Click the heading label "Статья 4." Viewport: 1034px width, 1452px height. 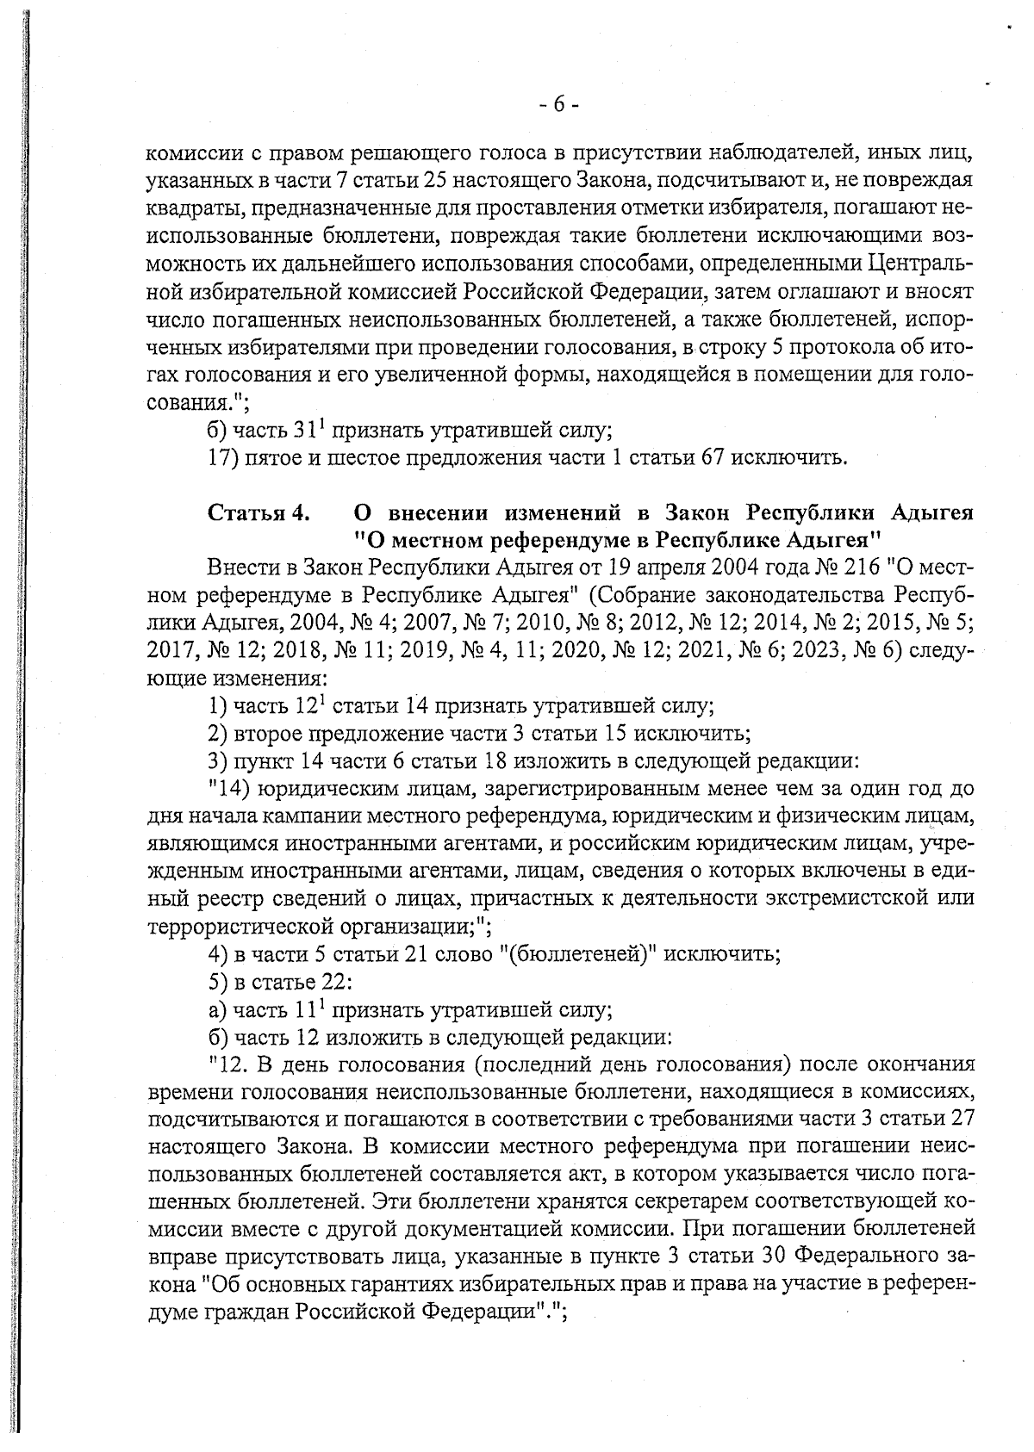click(x=258, y=514)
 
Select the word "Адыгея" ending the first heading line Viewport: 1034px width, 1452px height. click(x=931, y=514)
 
